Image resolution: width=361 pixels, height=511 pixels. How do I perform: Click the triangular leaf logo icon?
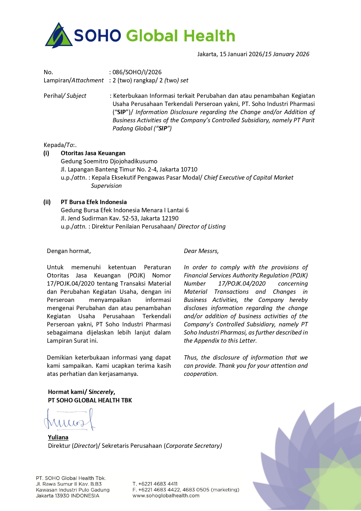59,36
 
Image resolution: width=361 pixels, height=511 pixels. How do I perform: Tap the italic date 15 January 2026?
287,54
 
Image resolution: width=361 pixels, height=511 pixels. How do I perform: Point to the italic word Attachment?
88,80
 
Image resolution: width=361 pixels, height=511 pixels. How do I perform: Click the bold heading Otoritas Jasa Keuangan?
93,153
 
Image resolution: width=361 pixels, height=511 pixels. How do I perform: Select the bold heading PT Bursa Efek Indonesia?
94,202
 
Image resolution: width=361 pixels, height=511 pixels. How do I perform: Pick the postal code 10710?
189,169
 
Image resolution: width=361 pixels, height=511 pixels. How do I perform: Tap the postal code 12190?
170,218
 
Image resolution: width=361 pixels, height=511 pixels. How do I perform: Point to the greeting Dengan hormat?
69,251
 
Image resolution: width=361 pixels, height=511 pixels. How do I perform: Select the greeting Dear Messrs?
201,251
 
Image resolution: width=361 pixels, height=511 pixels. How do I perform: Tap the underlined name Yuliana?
58,437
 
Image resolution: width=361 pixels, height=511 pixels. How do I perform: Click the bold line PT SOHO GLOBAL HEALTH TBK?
90,400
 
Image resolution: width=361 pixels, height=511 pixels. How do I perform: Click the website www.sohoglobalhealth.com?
166,496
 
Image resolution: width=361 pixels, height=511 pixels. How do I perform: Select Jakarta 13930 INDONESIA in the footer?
67,496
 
